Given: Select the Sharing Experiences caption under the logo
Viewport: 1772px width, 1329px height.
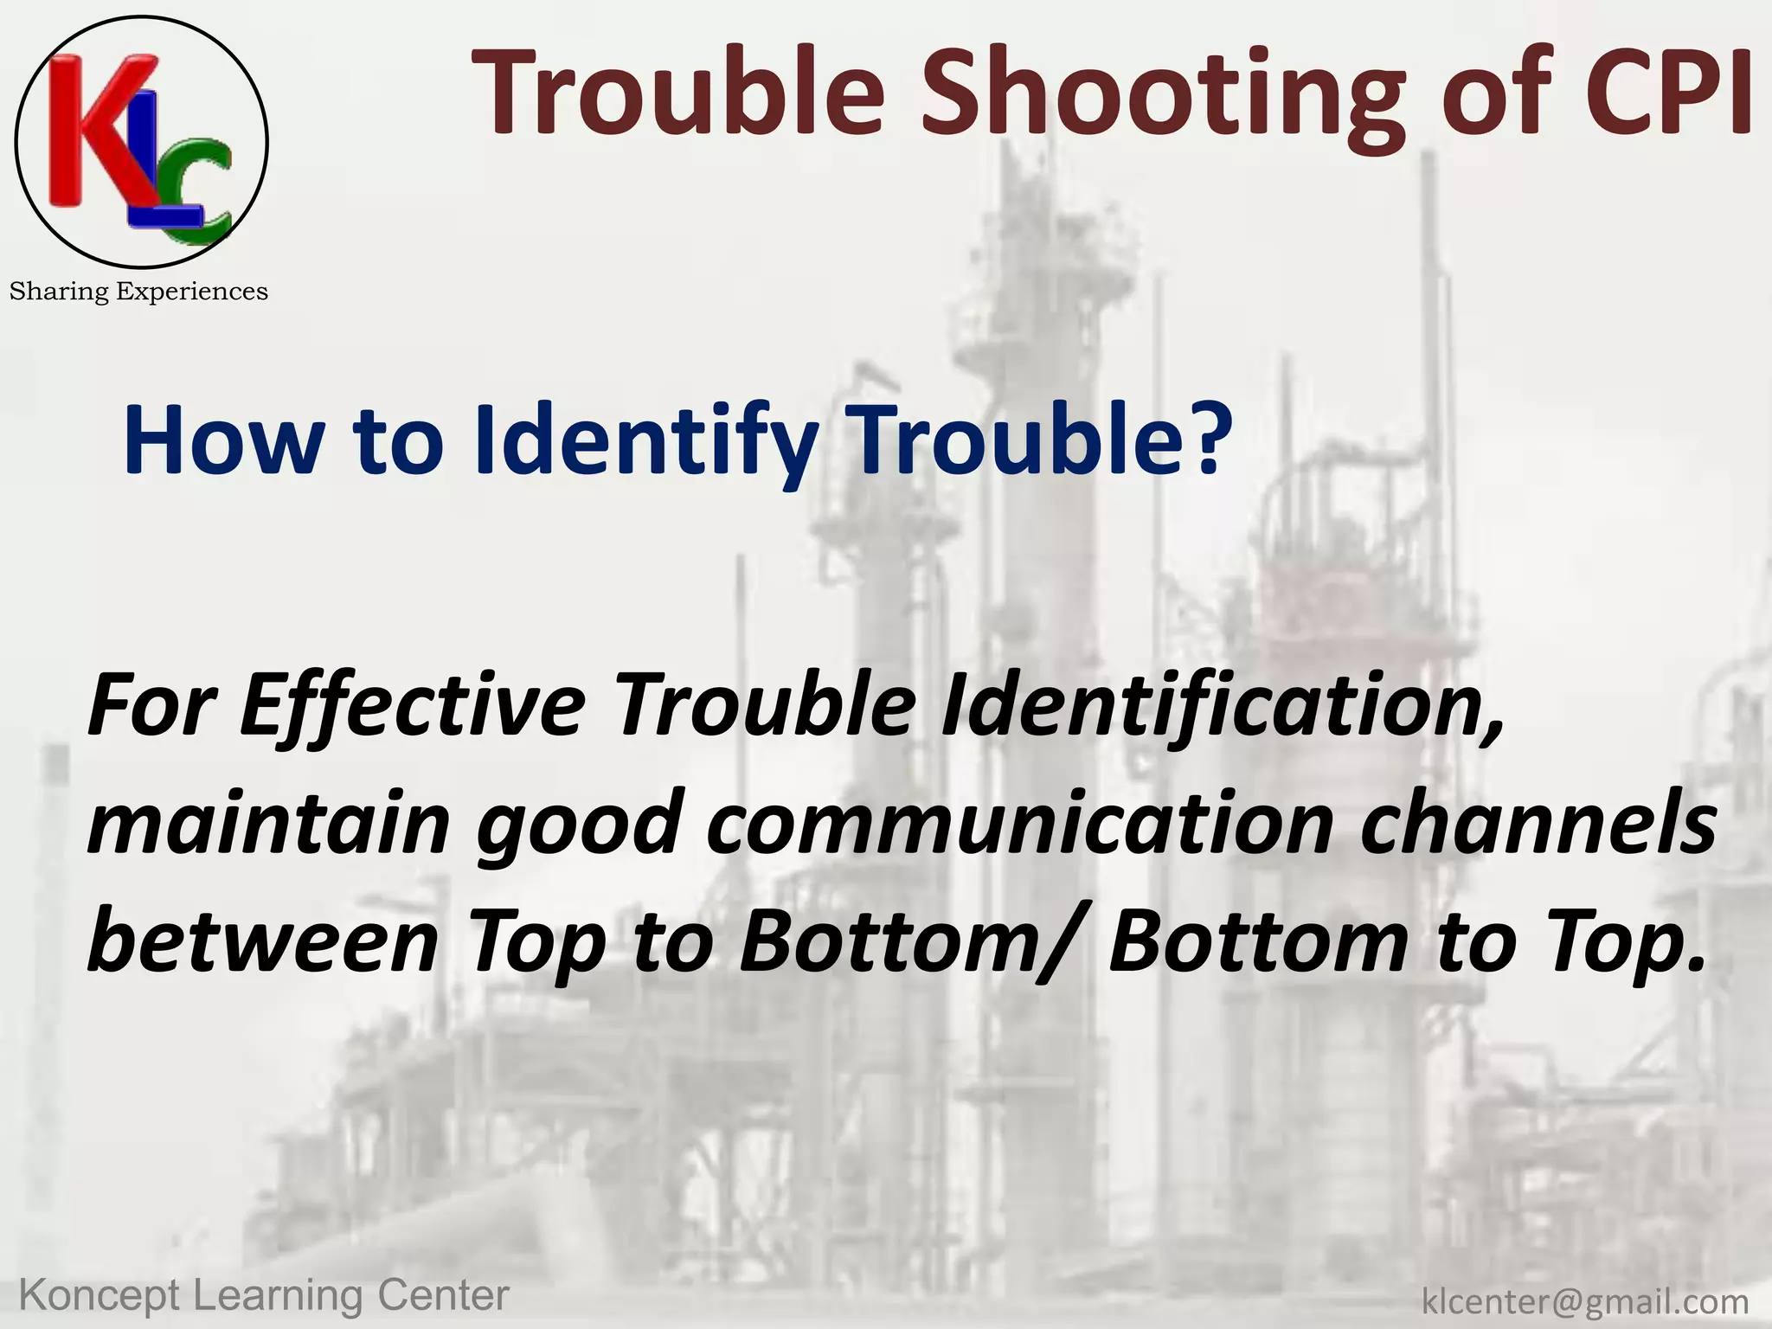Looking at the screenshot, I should [138, 292].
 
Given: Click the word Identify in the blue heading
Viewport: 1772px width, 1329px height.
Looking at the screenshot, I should [645, 442].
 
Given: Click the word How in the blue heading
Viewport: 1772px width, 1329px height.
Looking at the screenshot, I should [221, 442].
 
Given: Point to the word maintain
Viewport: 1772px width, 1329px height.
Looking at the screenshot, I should [269, 825].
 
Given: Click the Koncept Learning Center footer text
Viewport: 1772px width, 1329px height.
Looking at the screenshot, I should [263, 1295].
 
